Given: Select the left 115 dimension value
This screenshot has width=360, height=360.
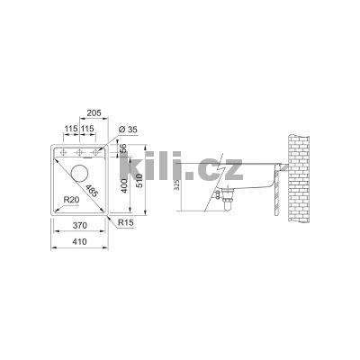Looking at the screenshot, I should [71, 128].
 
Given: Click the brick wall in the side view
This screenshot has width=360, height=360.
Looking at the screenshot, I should [298, 180].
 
